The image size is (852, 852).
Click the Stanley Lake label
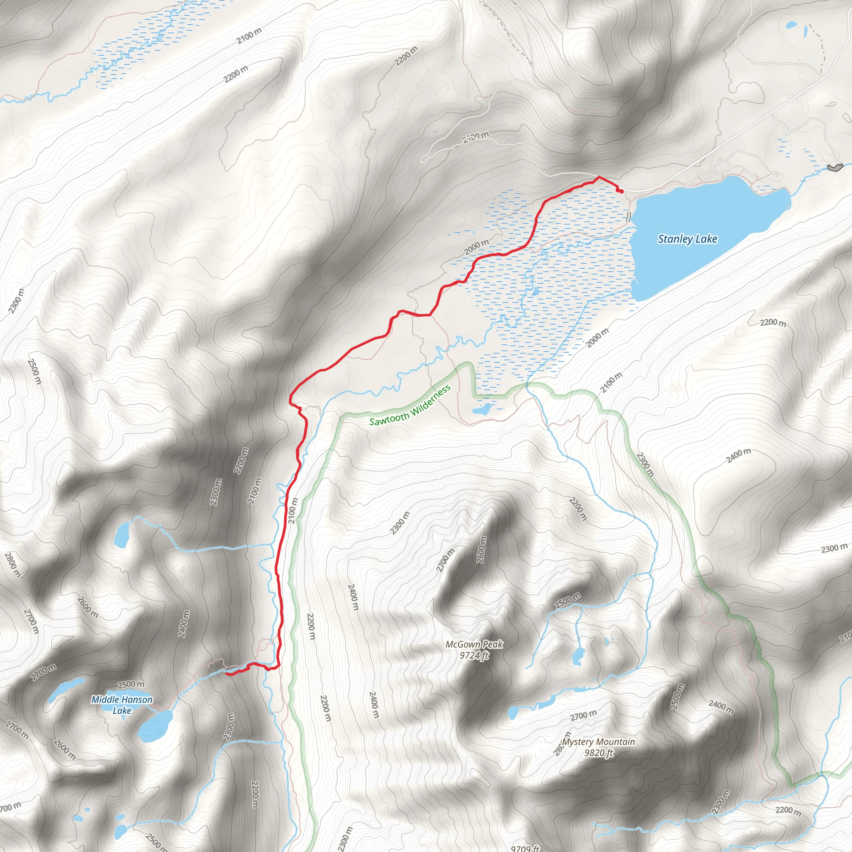[687, 239]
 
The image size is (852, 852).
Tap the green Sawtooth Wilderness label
[410, 405]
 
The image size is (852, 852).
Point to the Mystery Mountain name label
[598, 742]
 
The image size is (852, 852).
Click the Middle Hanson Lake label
[122, 705]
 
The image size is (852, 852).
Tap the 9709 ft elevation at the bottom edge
[525, 848]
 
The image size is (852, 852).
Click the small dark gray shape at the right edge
[835, 167]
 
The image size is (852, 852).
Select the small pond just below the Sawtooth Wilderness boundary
[482, 409]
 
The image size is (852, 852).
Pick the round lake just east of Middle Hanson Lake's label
[155, 725]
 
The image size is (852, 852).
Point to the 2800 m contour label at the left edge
[12, 565]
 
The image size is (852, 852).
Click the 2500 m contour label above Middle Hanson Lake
[131, 684]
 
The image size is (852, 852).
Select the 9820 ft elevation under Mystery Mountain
[598, 753]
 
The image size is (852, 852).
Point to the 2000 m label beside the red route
[476, 247]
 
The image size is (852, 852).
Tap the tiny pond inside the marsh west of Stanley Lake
[535, 291]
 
